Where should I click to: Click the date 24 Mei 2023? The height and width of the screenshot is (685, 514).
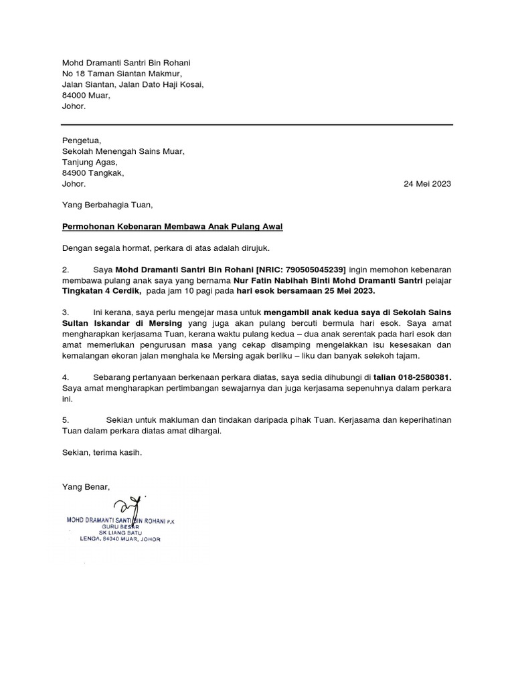pyautogui.click(x=428, y=184)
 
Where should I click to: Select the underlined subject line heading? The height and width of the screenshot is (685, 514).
pyautogui.click(x=172, y=227)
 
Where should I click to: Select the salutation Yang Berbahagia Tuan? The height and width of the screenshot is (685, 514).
pyautogui.click(x=107, y=205)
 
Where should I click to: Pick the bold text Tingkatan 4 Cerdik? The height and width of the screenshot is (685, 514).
pyautogui.click(x=101, y=291)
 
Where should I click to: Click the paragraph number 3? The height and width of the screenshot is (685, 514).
pyautogui.click(x=65, y=312)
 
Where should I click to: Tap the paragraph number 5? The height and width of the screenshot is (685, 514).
pyautogui.click(x=65, y=420)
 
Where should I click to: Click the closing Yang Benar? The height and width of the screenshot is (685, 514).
pyautogui.click(x=85, y=486)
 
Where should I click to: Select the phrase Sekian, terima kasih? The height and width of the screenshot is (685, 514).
pyautogui.click(x=102, y=453)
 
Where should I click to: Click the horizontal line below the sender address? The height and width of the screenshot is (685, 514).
pyautogui.click(x=257, y=124)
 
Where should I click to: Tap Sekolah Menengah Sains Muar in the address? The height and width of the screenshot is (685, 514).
pyautogui.click(x=122, y=151)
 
